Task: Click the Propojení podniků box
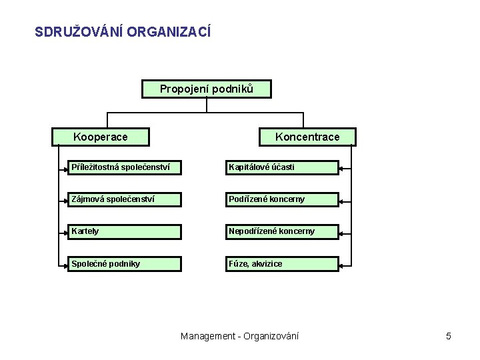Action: click(x=207, y=89)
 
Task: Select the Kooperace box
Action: click(x=101, y=137)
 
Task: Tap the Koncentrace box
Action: click(x=307, y=137)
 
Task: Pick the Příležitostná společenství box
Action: click(x=124, y=167)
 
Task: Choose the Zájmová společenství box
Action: click(x=124, y=199)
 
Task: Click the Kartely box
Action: click(x=124, y=231)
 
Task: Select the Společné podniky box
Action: click(x=124, y=263)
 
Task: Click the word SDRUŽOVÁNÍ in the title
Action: click(x=74, y=31)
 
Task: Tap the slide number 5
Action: click(x=449, y=336)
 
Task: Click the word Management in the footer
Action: click(x=207, y=336)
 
